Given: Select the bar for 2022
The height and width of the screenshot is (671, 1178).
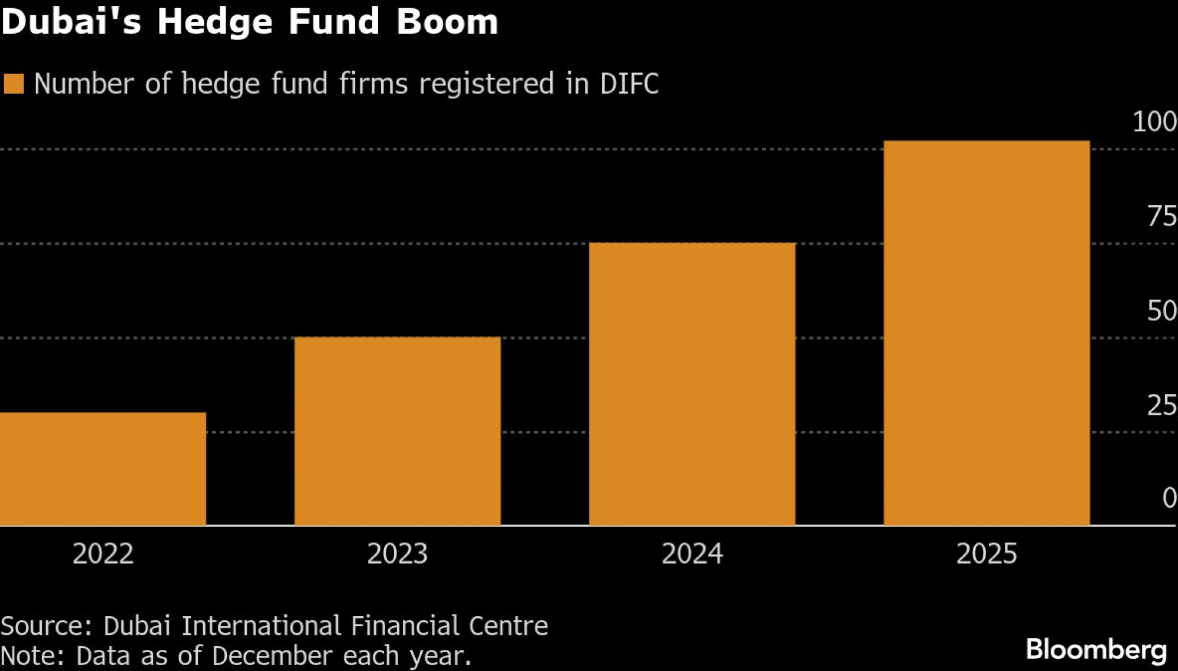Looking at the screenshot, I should tap(103, 468).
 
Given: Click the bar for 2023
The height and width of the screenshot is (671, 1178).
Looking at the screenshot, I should tap(398, 431).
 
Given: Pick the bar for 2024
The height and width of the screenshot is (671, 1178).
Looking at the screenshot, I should tap(692, 384).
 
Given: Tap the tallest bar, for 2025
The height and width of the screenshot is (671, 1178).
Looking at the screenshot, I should tap(987, 333).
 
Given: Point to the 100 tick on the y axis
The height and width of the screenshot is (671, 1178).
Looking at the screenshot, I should tap(1154, 122).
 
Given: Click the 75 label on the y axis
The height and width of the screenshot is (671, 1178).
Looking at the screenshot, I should tap(1162, 217).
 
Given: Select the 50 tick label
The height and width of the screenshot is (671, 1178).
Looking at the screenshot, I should tap(1162, 311).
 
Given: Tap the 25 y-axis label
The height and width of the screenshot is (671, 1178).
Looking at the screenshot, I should tap(1162, 406).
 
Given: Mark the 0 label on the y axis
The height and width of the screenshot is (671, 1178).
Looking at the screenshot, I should tap(1169, 498).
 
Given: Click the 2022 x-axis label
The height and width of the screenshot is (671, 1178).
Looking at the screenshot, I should tap(103, 554).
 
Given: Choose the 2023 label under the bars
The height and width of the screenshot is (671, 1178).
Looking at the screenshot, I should tap(398, 554).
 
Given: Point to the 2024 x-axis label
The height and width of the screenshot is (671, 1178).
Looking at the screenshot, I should tap(692, 554).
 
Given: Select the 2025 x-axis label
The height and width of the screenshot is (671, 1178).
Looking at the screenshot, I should tap(987, 554).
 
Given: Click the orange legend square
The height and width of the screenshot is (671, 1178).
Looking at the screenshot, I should tap(14, 84).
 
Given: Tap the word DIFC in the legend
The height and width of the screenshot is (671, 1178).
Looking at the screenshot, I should tap(629, 84).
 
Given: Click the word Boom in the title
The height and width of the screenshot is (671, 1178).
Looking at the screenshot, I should tap(447, 22).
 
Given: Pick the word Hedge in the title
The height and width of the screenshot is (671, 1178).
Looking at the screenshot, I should tap(215, 22).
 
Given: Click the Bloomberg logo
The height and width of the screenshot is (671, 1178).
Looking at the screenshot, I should tap(1096, 650).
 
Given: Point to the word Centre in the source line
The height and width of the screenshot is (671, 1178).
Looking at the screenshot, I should tap(508, 626).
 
